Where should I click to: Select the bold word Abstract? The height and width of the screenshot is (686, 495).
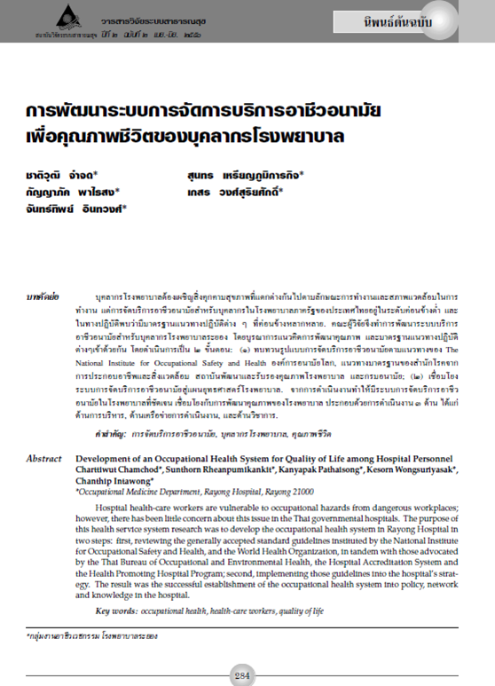(x=44, y=458)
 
